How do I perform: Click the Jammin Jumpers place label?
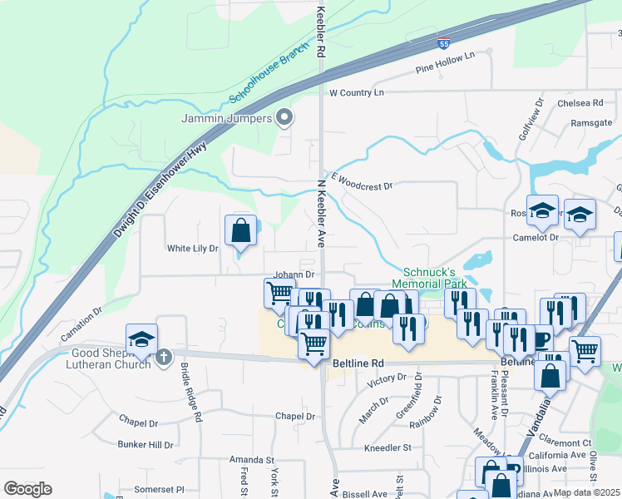tap(227, 118)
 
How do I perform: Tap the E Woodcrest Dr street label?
tap(361, 181)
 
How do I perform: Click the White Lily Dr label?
tap(192, 248)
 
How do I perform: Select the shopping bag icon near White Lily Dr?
tap(240, 230)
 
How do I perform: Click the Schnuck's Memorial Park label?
tap(437, 278)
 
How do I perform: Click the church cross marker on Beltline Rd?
tap(164, 357)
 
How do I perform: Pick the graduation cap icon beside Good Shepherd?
tap(141, 339)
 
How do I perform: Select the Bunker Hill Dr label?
tap(146, 445)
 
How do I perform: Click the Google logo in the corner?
tap(27, 489)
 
